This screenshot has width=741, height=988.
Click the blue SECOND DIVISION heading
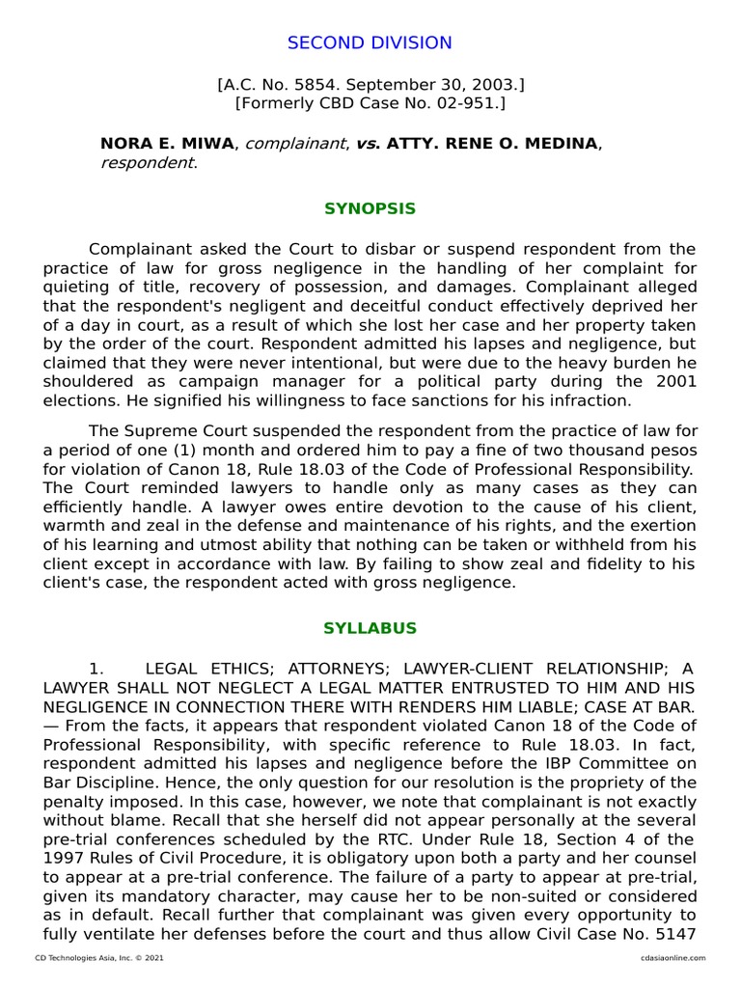(x=370, y=42)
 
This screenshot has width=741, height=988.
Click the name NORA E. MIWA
(x=167, y=144)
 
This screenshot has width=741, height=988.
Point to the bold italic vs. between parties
(x=368, y=144)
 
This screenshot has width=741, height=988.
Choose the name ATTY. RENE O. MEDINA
(x=492, y=144)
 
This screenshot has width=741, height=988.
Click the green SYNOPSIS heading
(x=370, y=208)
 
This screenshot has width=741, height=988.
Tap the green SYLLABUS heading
(x=370, y=628)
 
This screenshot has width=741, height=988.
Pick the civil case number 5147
(x=676, y=933)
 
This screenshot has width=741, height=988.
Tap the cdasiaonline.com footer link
(x=672, y=958)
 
